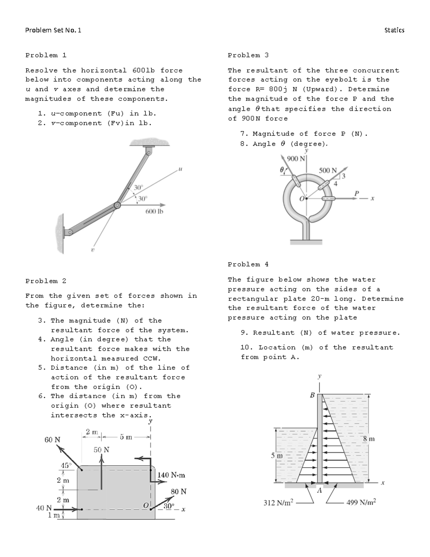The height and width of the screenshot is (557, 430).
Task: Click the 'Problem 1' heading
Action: click(46, 55)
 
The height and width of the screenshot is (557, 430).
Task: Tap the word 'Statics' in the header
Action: click(394, 30)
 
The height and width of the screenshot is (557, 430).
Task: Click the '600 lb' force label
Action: click(154, 212)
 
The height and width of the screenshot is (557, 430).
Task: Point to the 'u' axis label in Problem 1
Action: click(180, 167)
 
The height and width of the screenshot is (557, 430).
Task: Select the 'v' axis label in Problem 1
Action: click(92, 249)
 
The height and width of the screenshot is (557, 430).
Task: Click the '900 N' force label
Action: click(295, 159)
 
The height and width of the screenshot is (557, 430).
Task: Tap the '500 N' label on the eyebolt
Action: click(328, 170)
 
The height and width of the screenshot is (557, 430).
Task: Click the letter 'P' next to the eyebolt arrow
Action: click(356, 193)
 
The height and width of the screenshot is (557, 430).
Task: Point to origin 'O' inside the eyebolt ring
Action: click(302, 198)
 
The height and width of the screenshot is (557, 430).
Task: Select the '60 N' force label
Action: click(52, 439)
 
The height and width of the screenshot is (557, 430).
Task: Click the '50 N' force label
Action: click(101, 450)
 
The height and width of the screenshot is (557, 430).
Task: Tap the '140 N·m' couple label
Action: click(171, 475)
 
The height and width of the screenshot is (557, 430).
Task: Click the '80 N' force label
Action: click(178, 491)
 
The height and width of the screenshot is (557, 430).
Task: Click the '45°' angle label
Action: click(66, 466)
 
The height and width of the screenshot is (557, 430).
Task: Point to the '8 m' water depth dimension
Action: click(369, 439)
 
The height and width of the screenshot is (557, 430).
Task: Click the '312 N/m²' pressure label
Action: click(278, 502)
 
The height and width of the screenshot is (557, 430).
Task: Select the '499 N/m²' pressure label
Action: click(361, 502)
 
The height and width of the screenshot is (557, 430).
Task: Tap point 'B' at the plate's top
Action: click(312, 395)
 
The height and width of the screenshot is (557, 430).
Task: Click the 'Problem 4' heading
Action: click(248, 264)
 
